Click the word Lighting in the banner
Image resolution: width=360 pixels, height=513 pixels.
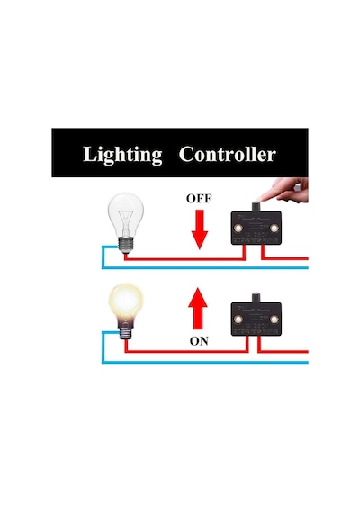122,155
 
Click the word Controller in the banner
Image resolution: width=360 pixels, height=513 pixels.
227,154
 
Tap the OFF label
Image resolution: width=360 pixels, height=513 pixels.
199,199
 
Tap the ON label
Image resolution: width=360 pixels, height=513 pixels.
199,341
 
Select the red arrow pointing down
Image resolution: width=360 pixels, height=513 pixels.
200,229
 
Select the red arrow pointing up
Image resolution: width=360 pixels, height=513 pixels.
198,308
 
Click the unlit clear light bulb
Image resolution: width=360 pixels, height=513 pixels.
126,223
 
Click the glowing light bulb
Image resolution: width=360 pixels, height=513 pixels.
126,311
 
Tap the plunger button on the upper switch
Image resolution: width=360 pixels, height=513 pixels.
256,207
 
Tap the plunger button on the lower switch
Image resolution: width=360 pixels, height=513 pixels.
256,298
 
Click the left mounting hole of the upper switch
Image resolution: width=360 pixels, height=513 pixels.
238,228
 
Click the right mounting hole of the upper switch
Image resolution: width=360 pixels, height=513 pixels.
274,228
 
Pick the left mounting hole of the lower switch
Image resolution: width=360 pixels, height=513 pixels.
238,319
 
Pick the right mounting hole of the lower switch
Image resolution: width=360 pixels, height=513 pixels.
274,319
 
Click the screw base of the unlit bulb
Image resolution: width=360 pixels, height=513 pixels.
126,245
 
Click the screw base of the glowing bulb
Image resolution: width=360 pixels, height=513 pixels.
126,333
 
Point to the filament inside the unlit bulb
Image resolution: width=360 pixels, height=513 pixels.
126,220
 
